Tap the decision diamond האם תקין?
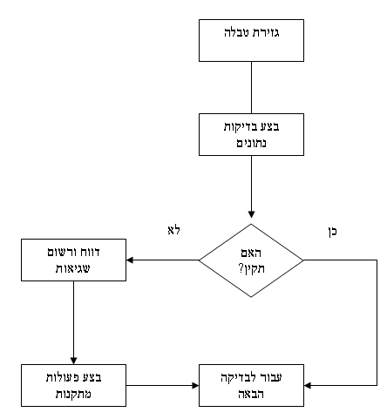(251, 260)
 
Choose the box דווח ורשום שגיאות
(73, 260)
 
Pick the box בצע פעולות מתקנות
(73, 383)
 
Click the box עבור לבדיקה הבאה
(251, 383)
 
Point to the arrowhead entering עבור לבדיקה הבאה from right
(309, 383)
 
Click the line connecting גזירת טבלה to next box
(251, 87)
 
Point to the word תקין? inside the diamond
(251, 267)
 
